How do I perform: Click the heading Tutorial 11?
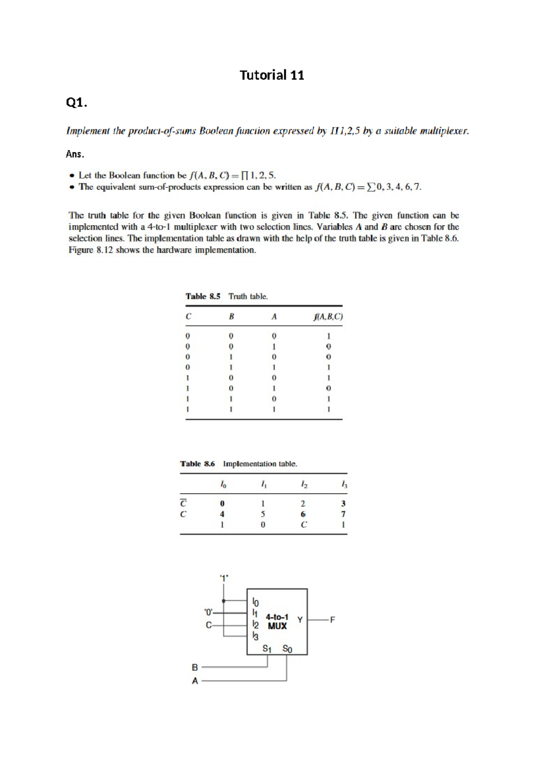(x=272, y=75)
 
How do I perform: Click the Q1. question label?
(x=76, y=103)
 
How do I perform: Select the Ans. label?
(x=75, y=154)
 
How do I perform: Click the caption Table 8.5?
(x=203, y=296)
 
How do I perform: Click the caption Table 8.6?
(x=197, y=464)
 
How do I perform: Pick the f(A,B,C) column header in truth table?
(x=328, y=317)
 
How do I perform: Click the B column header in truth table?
(x=231, y=317)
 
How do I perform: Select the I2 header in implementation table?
(x=304, y=485)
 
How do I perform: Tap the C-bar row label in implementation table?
(x=183, y=503)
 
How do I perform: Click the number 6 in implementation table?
(x=303, y=514)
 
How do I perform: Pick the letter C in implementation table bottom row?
(x=304, y=525)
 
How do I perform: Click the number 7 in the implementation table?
(x=343, y=514)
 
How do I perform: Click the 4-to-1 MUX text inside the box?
(x=277, y=622)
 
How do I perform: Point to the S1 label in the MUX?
(x=267, y=649)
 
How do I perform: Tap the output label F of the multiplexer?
(x=332, y=620)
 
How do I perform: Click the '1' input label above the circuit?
(x=224, y=578)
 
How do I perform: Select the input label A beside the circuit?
(x=195, y=681)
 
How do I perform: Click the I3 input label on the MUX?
(x=255, y=637)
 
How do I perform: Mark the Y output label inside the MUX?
(x=300, y=620)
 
